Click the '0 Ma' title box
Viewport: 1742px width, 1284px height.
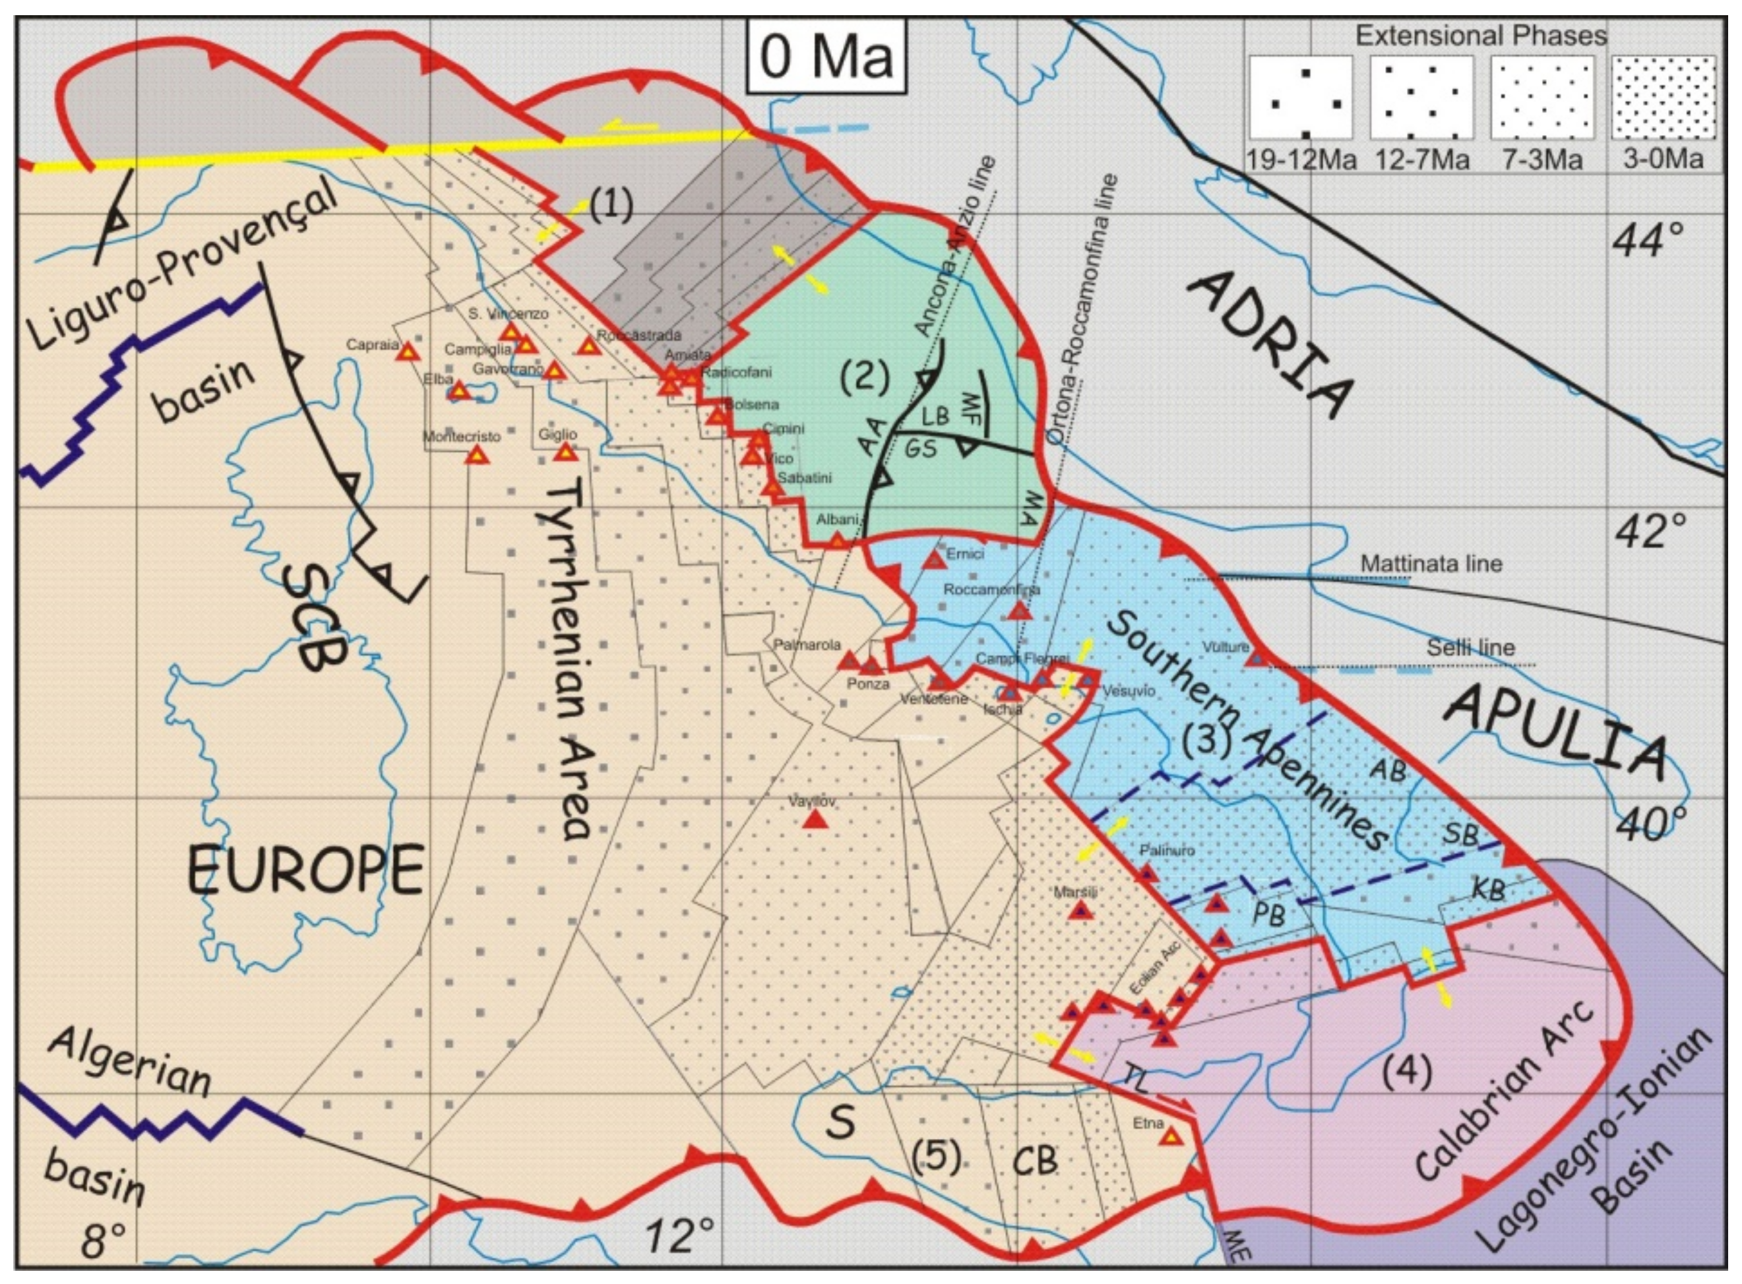(x=826, y=57)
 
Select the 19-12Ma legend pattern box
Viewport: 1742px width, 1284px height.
(x=1301, y=98)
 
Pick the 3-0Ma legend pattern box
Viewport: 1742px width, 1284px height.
(x=1664, y=98)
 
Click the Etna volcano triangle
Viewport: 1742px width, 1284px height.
(x=1171, y=1137)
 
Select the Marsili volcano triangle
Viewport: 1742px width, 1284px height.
(x=1080, y=910)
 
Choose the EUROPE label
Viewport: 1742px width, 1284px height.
(x=305, y=870)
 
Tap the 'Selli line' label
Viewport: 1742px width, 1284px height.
(x=1471, y=647)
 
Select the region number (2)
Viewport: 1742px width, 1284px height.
(x=863, y=377)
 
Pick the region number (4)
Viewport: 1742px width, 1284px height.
(x=1407, y=1072)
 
